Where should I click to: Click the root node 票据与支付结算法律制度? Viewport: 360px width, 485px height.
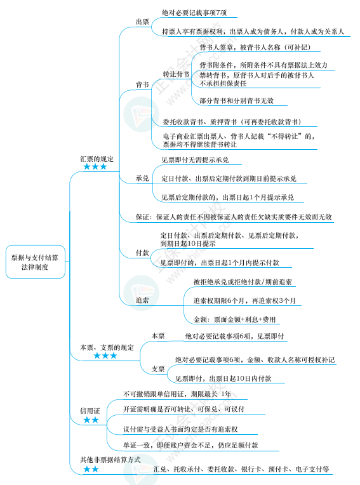(36, 262)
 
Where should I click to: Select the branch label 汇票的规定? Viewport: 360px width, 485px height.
(97, 159)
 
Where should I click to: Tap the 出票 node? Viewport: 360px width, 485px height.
(142, 22)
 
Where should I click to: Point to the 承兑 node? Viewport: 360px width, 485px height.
(142, 178)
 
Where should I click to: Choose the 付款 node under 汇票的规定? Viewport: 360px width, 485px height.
(142, 253)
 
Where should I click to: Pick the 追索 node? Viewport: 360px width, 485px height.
(142, 300)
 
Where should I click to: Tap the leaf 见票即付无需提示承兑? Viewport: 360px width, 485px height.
(195, 159)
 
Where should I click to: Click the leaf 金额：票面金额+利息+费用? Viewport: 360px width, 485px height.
(235, 319)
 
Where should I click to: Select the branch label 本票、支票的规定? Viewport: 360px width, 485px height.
(107, 347)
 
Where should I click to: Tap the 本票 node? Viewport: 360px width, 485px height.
(157, 336)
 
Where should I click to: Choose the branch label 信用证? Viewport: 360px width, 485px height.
(90, 411)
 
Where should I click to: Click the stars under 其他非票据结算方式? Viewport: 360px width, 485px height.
(91, 468)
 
